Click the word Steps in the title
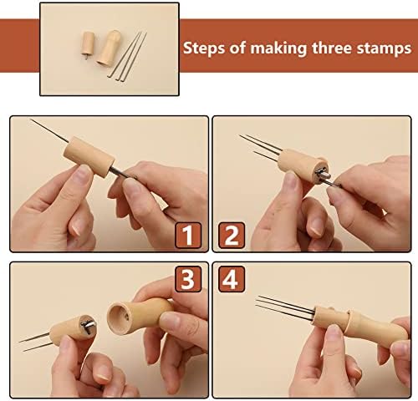(x=204, y=48)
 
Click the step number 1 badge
(x=188, y=236)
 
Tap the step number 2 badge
(x=232, y=236)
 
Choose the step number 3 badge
(x=188, y=279)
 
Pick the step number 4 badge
(x=232, y=279)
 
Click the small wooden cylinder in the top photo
(x=88, y=44)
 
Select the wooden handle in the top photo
(x=109, y=48)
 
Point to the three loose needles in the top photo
(x=127, y=57)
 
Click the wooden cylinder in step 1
(x=89, y=157)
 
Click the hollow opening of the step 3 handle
(x=118, y=317)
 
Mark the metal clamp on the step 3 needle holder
(x=89, y=324)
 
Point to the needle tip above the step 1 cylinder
(x=30, y=119)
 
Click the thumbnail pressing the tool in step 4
(x=334, y=332)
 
